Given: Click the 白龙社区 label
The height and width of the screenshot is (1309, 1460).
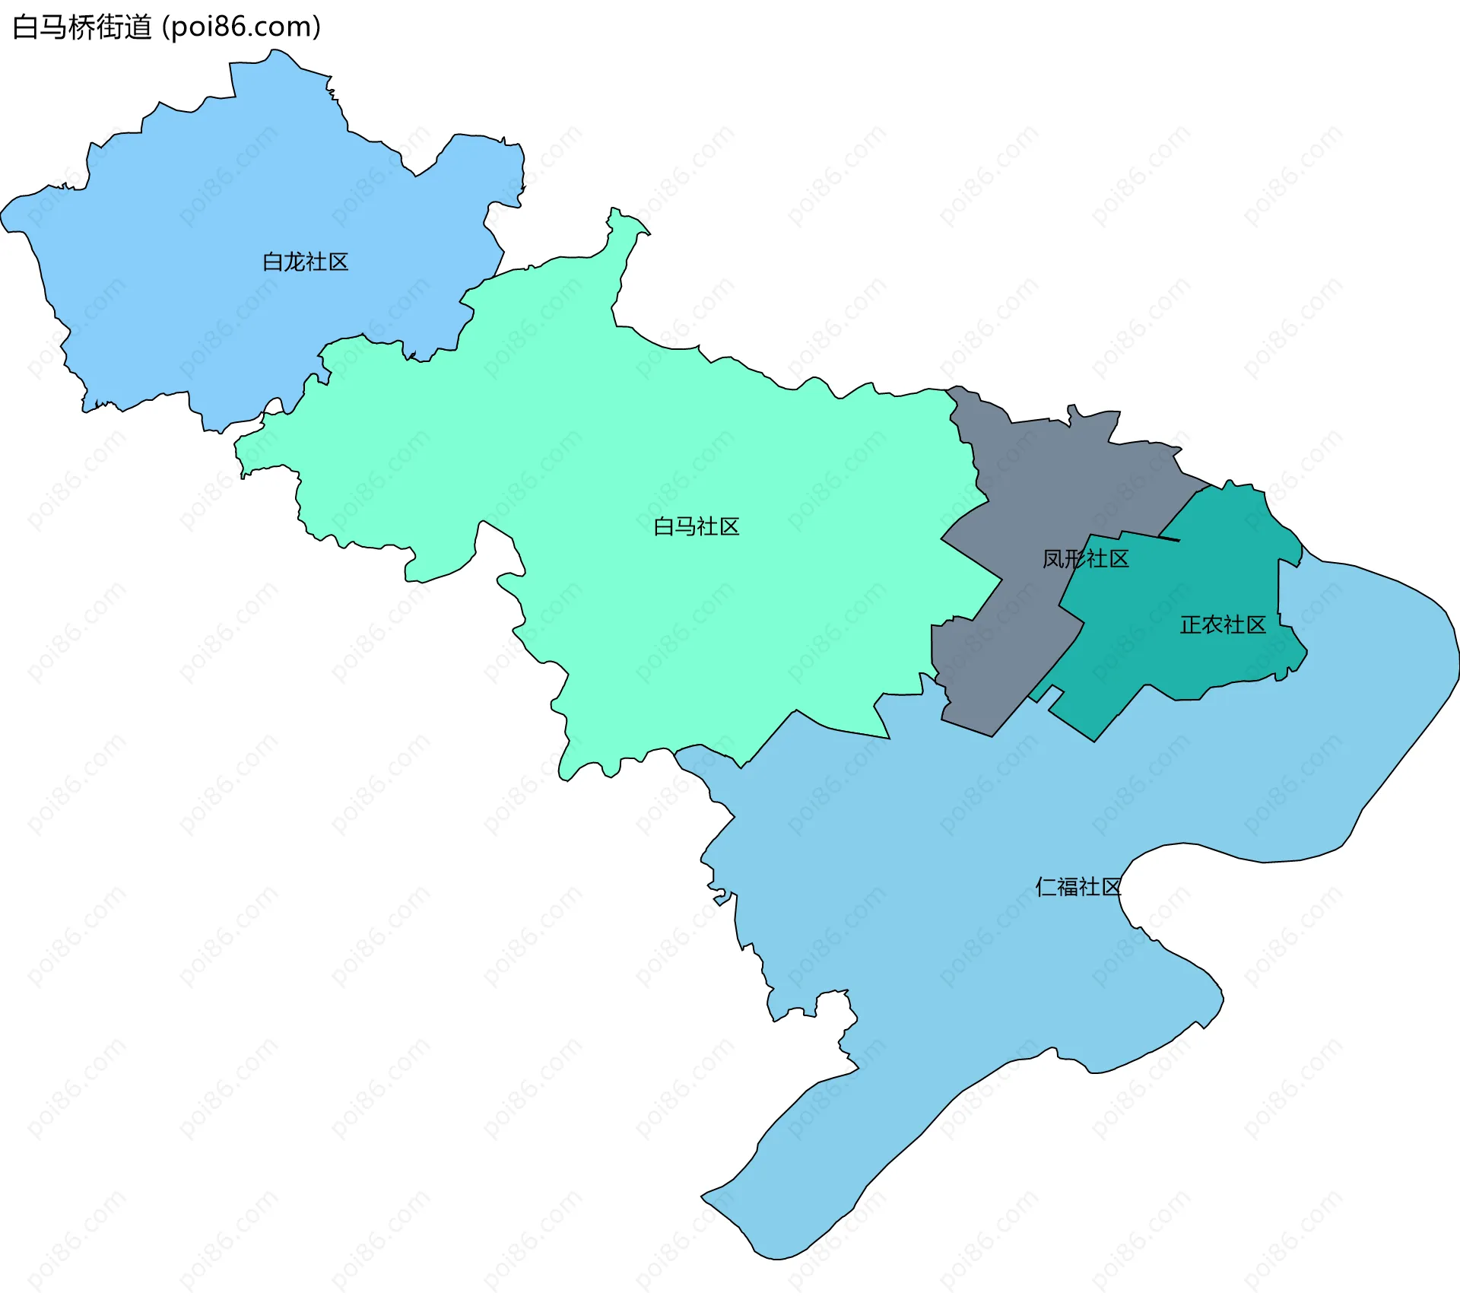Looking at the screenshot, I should point(305,262).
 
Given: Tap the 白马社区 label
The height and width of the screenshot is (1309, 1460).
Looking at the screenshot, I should point(696,526).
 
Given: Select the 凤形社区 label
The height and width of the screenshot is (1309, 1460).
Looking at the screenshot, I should point(1085,559).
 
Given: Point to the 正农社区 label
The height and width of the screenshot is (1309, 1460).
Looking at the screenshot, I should point(1223,625).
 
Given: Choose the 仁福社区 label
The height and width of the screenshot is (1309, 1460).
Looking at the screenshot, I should point(1078,887).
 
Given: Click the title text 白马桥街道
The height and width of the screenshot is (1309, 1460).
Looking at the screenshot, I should point(82,27).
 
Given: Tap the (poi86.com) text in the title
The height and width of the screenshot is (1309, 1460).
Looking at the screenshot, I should point(241,27).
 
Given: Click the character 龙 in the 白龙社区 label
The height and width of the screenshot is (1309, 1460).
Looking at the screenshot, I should point(294,262).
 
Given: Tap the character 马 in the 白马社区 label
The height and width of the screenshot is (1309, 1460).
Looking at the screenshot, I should point(685,526).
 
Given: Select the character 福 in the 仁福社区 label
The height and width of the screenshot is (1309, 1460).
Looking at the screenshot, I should point(1068,887).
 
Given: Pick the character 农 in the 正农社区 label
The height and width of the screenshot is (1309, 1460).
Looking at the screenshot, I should point(1212,625).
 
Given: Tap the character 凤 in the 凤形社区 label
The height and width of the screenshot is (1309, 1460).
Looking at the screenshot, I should point(1052,559).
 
